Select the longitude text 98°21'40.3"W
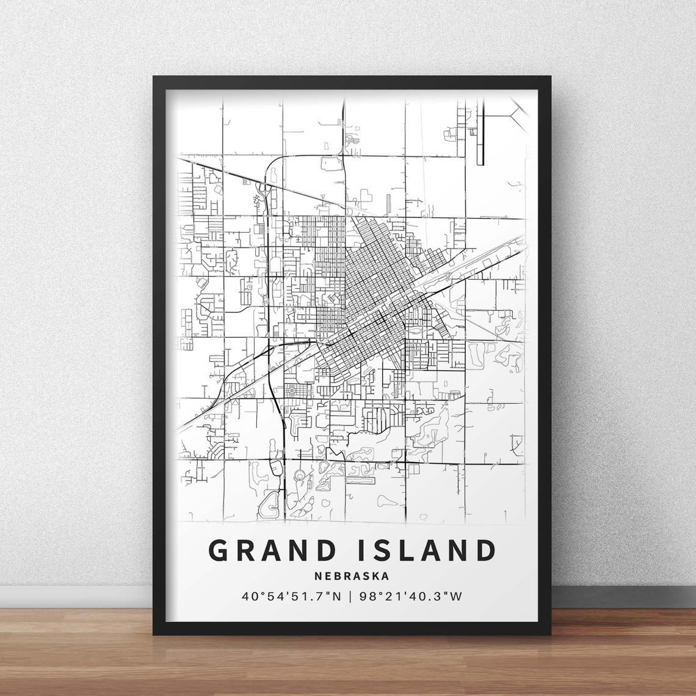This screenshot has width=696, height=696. [411, 595]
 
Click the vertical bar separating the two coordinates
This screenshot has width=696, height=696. [350, 595]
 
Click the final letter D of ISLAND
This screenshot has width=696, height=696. [485, 550]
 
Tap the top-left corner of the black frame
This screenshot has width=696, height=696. [154, 78]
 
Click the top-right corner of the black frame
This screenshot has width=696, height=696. [549, 78]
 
